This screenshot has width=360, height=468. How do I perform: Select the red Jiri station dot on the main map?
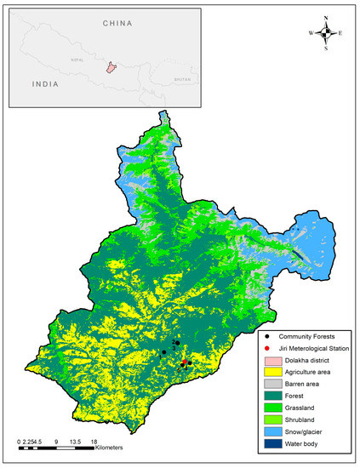185,363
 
